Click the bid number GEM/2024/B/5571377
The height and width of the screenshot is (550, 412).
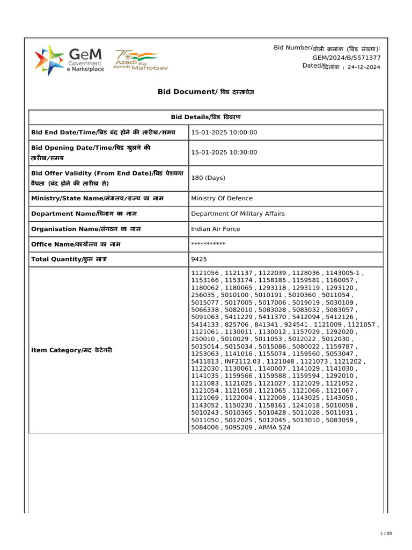pos(347,57)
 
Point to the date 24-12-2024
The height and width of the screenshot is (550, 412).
pos(364,68)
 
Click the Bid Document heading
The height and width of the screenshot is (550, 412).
pos(205,92)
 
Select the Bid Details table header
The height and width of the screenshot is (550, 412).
pos(205,117)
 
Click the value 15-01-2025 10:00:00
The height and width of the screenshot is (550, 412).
pos(224,133)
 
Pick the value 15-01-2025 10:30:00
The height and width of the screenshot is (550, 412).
pos(224,153)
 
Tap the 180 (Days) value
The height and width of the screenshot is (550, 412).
pos(208,178)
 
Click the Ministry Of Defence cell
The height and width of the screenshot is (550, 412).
pos(222,198)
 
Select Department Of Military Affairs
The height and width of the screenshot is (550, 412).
pos(238,214)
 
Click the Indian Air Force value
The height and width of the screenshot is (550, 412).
pos(216,229)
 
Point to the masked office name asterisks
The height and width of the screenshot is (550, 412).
pos(208,244)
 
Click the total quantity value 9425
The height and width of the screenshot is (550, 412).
pos(198,259)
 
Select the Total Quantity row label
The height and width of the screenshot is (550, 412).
pos(76,259)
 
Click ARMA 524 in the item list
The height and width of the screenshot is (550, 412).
pos(274,428)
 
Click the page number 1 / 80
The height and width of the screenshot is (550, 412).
pos(386,533)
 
